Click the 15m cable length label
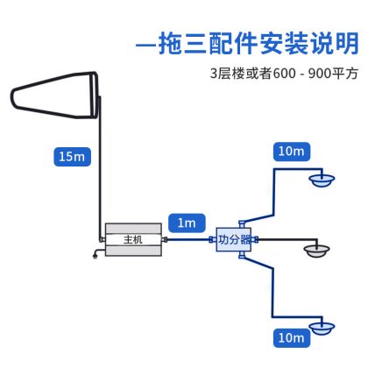[72, 157]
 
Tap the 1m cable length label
[187, 223]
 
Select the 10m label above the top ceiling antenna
[292, 152]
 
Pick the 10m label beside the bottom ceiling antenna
[292, 338]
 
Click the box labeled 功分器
[234, 239]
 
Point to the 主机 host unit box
[133, 239]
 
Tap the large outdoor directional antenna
[54, 95]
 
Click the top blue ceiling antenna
[322, 180]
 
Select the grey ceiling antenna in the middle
[316, 251]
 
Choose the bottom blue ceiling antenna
[322, 329]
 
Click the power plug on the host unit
[95, 256]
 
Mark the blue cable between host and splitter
[188, 239]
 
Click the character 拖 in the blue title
[172, 44]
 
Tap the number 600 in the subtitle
[284, 74]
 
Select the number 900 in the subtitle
[320, 74]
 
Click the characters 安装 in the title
[284, 44]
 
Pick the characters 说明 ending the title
[335, 44]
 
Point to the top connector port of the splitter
[242, 224]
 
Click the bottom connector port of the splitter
[242, 255]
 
